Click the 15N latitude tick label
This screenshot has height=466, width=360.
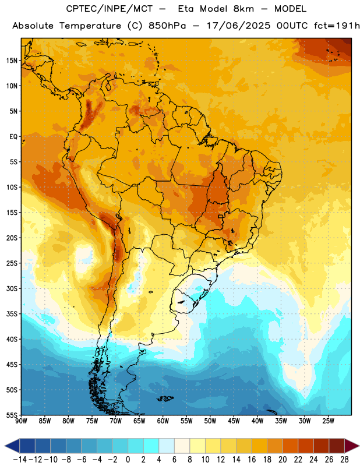point(12,61)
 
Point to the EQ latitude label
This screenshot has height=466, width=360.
point(13,137)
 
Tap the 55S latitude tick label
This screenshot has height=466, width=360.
point(12,415)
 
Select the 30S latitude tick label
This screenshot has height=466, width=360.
point(12,288)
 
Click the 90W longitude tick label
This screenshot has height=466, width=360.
point(21,421)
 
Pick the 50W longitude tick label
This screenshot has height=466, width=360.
point(210,421)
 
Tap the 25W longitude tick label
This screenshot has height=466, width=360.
point(328,421)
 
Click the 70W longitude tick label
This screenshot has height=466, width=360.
point(116,421)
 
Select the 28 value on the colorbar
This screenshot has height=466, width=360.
point(344,460)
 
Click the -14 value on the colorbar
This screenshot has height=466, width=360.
point(20,460)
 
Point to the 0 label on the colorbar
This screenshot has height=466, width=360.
point(128,460)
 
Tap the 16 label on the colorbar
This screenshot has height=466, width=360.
point(252,460)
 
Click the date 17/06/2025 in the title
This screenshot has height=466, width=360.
point(239,26)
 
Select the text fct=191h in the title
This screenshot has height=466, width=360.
point(337,26)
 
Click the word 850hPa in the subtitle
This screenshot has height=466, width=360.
point(167,26)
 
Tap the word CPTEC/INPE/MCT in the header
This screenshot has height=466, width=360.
point(110,9)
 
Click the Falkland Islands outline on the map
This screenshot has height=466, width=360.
point(165,398)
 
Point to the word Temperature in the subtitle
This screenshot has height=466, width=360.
point(90,26)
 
